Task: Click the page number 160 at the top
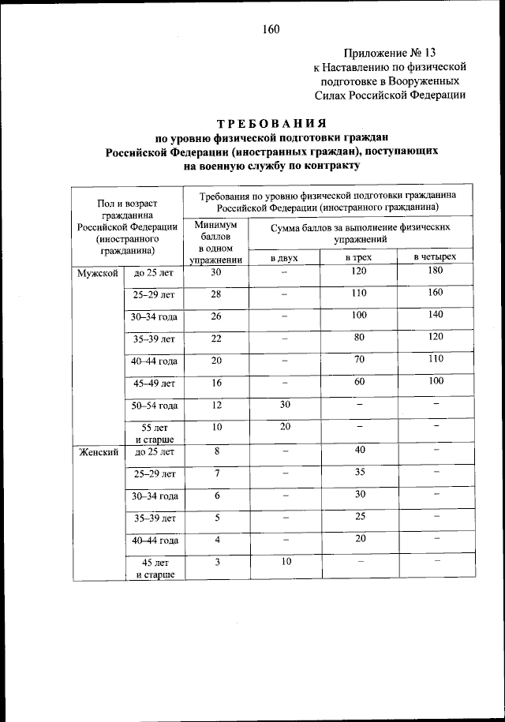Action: [271, 30]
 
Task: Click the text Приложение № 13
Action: [389, 53]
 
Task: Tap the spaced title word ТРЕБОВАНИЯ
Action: [272, 124]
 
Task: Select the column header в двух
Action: [284, 257]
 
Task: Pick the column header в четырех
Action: [436, 257]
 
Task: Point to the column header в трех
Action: [358, 257]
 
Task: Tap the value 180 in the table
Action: [436, 271]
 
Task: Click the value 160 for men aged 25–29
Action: [436, 294]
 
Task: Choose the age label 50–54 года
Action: [155, 406]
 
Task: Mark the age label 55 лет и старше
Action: [155, 433]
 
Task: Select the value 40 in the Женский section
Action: [359, 451]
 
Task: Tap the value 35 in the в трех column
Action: [359, 473]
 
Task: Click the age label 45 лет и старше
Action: [155, 568]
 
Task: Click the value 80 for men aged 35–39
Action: [359, 338]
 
